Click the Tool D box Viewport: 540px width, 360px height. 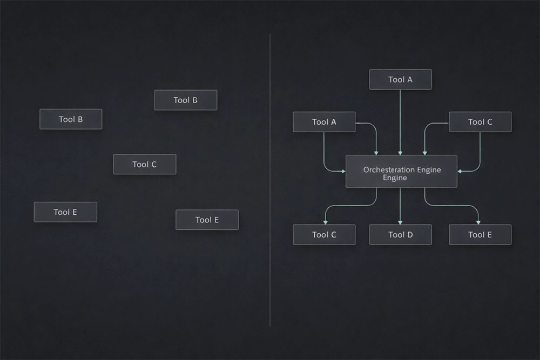coord(400,235)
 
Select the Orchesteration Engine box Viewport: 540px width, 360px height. coord(401,172)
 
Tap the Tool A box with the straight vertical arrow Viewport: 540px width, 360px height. coord(400,79)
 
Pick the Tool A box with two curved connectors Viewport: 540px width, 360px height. coord(324,122)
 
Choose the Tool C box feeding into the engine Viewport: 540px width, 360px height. coord(480,122)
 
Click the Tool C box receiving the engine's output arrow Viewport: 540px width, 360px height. coord(324,235)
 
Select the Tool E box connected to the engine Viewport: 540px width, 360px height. coord(480,235)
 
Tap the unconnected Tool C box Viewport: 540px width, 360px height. coord(144,164)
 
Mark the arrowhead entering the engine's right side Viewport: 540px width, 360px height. coord(460,171)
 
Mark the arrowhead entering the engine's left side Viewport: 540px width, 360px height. coord(343,171)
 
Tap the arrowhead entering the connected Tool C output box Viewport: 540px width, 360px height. coord(325,221)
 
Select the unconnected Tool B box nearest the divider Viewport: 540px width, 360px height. coord(185,100)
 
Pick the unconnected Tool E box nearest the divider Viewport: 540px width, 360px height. coord(207,220)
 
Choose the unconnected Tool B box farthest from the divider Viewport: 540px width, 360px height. coord(71,119)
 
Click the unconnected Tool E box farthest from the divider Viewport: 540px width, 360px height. coord(65,212)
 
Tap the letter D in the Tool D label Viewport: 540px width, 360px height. coord(409,235)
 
